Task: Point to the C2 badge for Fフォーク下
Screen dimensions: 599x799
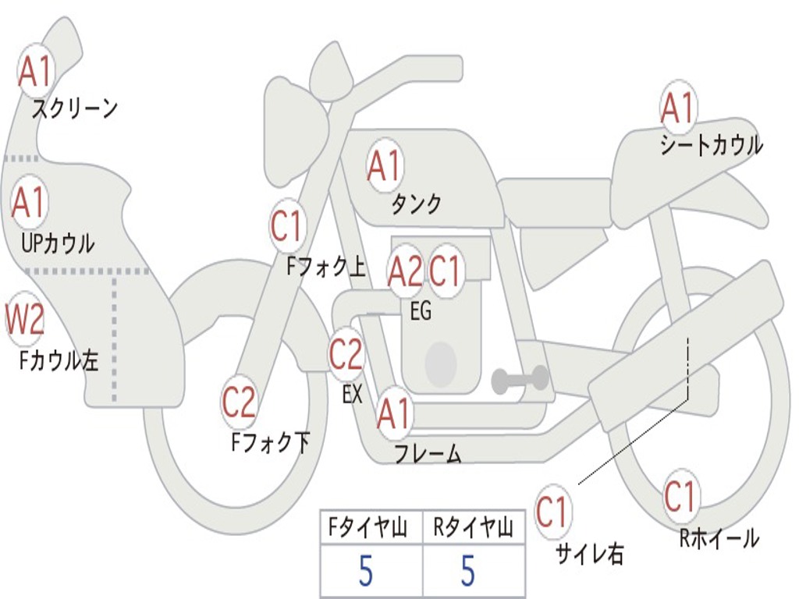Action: pyautogui.click(x=239, y=402)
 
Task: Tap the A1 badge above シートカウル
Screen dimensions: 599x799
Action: pyautogui.click(x=677, y=108)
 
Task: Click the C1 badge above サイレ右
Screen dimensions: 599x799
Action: pyautogui.click(x=552, y=512)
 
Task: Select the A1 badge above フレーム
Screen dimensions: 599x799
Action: pyautogui.click(x=394, y=413)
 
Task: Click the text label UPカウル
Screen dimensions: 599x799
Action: pyautogui.click(x=58, y=243)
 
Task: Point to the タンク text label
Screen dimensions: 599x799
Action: pyautogui.click(x=416, y=204)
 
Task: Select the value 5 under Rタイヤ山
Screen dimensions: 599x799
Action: pyautogui.click(x=468, y=572)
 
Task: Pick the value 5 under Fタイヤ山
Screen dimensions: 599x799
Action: pyautogui.click(x=366, y=572)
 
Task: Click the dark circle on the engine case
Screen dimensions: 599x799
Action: pyautogui.click(x=441, y=363)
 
